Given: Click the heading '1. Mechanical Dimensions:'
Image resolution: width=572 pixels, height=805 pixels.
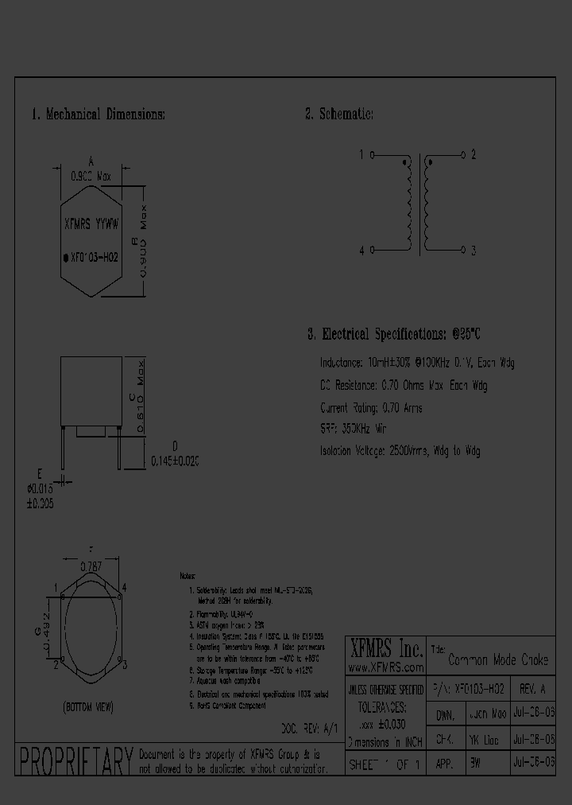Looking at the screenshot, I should (x=98, y=115).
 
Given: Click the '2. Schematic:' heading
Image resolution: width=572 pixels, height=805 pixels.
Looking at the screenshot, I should (x=339, y=115).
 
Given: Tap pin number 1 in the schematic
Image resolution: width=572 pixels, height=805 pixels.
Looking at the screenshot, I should (x=361, y=154).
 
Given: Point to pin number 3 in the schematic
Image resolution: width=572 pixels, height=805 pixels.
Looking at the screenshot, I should (x=473, y=251).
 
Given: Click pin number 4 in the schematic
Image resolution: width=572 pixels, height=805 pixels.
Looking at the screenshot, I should (x=361, y=251).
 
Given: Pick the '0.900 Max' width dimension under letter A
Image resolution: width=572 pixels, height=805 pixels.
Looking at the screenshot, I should (x=91, y=177).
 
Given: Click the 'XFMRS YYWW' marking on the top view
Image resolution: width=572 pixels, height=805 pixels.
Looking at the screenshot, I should (x=91, y=224).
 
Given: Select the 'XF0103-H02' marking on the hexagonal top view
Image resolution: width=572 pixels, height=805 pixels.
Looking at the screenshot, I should (x=95, y=257).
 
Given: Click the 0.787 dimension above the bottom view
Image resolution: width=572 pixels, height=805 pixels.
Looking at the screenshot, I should (x=92, y=567).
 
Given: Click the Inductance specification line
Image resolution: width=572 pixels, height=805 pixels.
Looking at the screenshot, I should (x=417, y=363).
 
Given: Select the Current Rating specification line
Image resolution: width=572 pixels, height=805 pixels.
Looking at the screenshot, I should (x=371, y=408).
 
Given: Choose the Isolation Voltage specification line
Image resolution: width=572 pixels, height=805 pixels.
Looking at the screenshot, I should (x=400, y=451).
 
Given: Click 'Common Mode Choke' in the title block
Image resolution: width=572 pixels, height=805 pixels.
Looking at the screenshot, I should (x=498, y=660).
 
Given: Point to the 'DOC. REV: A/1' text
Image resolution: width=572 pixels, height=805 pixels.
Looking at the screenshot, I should (x=311, y=728).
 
